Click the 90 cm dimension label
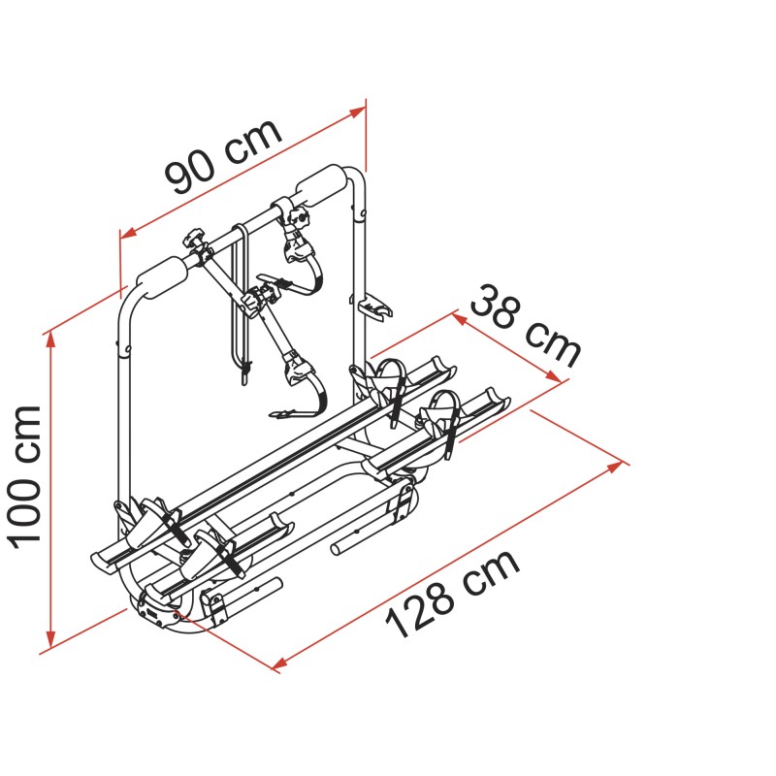tap(224, 157)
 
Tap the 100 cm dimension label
tap(25, 477)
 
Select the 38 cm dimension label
tap(524, 326)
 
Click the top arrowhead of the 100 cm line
tap(49, 340)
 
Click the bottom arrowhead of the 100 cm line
tap(49, 640)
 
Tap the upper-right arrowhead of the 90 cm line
tap(358, 113)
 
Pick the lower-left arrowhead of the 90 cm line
tap(128, 232)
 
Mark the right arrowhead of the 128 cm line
tap(615, 467)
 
